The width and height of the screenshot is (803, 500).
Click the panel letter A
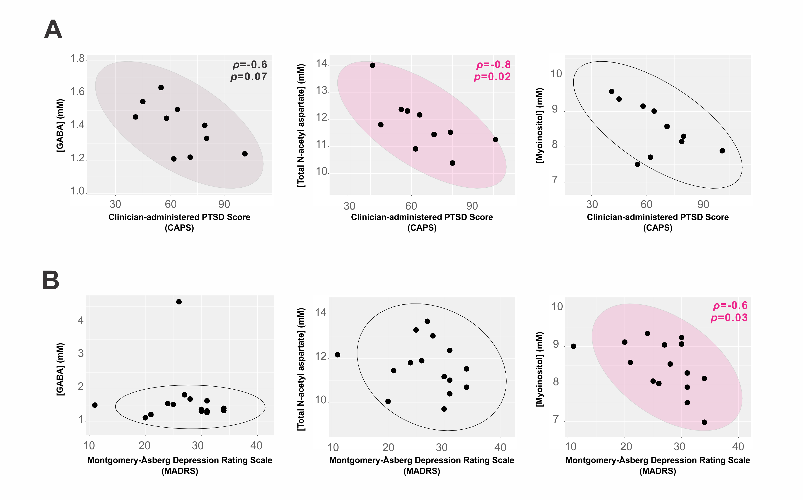(53, 30)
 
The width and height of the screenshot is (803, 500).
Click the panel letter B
(51, 280)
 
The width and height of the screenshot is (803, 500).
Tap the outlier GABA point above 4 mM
(179, 301)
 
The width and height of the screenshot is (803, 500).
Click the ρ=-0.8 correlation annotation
(493, 65)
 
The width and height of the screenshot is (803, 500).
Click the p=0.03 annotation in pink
(729, 318)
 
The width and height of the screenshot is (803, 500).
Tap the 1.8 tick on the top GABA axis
(78, 59)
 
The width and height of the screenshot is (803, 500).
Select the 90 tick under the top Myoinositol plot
(703, 204)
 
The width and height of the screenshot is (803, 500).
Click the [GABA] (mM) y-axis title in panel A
(60, 125)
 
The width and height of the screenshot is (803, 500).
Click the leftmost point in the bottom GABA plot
(95, 405)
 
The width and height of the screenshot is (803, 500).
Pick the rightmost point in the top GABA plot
(245, 154)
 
